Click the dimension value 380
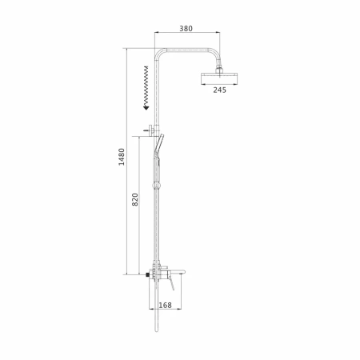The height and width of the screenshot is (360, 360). (x=186, y=28)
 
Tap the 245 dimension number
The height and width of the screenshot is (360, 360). (x=219, y=90)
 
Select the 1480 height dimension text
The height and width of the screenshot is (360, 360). (x=122, y=157)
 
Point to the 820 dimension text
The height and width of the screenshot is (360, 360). (x=135, y=199)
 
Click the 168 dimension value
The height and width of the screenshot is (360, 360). (x=165, y=305)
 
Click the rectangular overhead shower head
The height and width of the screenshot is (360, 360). (x=219, y=78)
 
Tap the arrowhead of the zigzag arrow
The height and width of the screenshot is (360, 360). (x=146, y=107)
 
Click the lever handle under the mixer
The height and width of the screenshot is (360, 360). (x=171, y=284)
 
